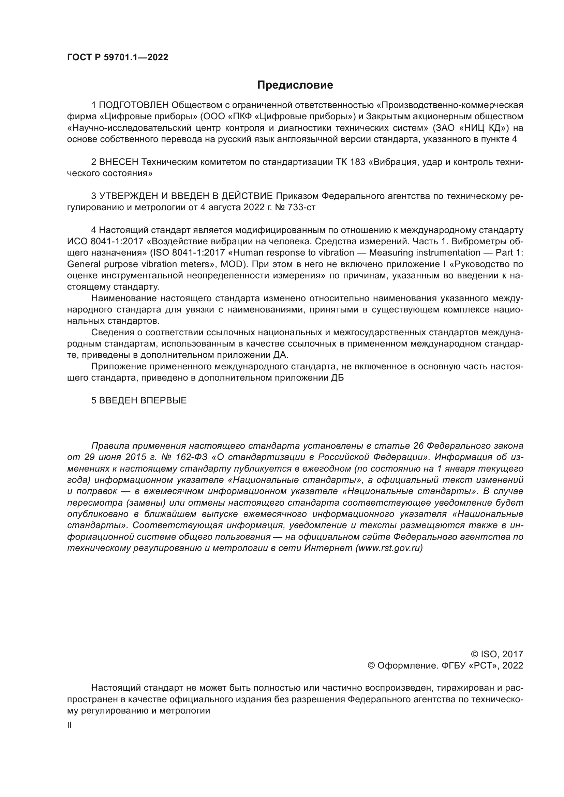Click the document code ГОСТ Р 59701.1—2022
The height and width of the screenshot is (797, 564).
117,58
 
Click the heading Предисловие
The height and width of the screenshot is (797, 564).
295,85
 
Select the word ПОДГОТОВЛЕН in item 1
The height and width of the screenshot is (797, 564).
134,105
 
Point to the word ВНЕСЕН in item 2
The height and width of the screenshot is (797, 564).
119,162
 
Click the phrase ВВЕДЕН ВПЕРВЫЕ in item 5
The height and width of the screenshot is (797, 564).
143,401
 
